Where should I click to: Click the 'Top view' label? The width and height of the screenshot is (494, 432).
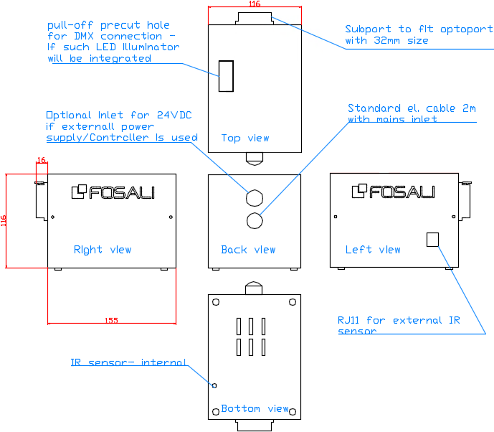244,138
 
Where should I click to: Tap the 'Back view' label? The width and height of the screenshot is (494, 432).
248,250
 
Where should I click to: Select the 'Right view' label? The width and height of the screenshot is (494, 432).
103,250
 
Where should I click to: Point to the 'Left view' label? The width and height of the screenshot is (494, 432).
373,250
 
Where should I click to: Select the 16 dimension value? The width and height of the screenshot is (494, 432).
41,161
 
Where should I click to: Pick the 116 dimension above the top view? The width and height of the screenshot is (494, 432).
254,4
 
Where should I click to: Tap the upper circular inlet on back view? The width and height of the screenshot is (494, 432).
254,197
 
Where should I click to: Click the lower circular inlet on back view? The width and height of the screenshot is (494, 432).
254,220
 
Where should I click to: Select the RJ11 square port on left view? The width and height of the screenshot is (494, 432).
432,239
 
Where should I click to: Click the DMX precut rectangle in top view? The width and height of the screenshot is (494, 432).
226,76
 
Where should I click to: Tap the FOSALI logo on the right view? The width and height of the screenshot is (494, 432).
113,192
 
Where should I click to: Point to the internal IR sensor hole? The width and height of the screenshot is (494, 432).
214,385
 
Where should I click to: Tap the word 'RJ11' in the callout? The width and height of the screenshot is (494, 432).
350,320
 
